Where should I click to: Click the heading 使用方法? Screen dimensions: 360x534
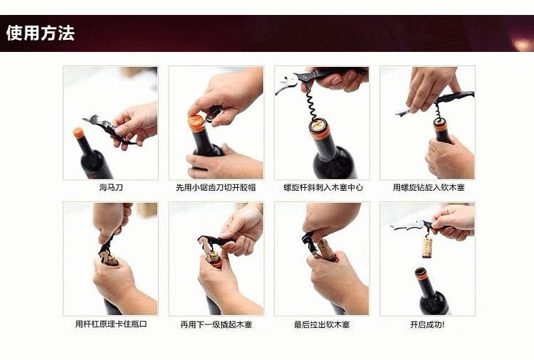point(40,33)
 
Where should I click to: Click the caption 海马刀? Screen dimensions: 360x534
point(110,188)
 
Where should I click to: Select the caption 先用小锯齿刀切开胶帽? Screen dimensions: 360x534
point(216,188)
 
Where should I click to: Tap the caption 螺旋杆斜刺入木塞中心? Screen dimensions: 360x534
point(322,188)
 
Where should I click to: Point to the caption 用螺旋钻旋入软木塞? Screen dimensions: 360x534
point(427,188)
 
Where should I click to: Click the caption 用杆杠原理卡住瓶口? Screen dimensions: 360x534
point(110,324)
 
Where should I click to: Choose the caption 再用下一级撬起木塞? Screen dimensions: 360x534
point(216,324)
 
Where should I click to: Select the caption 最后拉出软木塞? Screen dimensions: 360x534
point(322,324)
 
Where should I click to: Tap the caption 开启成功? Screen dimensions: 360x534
point(427,324)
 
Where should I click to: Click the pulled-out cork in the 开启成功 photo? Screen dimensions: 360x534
point(428,246)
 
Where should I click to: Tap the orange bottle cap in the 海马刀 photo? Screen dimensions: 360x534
point(79,133)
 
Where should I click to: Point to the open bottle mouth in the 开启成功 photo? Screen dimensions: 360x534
point(422,273)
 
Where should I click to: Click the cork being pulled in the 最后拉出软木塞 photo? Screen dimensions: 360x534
point(328,249)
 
